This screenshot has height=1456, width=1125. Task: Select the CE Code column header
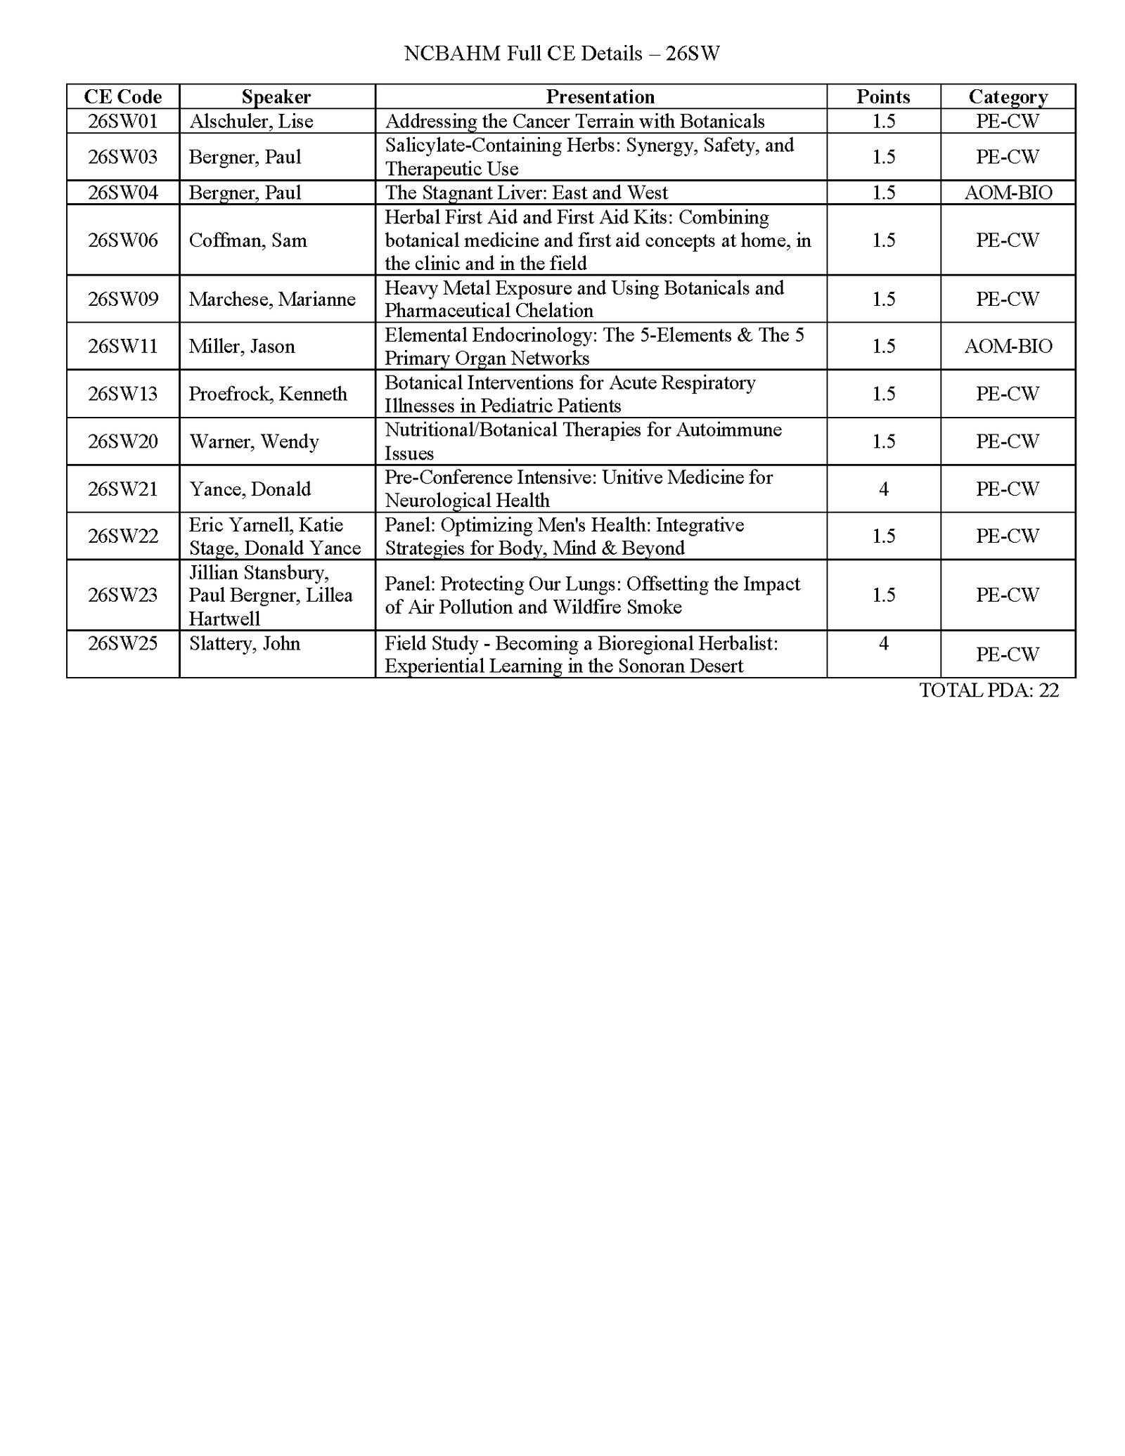coord(123,96)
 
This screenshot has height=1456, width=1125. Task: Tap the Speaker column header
coord(276,96)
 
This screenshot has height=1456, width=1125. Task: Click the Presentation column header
coord(600,96)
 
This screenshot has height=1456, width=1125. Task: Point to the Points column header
coord(883,96)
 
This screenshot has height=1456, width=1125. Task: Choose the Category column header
coord(1008,96)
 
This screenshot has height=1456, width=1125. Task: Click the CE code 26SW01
coord(123,121)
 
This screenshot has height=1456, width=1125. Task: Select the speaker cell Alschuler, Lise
coord(251,121)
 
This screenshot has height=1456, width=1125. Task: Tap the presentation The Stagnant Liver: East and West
coord(526,193)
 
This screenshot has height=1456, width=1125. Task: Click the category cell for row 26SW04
coord(1008,193)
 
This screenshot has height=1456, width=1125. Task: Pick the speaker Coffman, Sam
coord(247,240)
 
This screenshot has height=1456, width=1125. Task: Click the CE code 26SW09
coord(123,299)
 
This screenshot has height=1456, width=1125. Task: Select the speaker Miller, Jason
coord(242,346)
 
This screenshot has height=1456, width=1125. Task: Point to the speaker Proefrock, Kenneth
coord(268,394)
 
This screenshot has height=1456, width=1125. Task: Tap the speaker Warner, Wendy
coord(254,442)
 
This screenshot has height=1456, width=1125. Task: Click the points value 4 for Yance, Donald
coord(883,489)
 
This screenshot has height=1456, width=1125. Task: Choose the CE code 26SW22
coord(123,536)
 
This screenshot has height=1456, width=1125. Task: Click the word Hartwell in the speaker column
coord(224,619)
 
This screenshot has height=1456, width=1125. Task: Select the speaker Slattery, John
coord(245,643)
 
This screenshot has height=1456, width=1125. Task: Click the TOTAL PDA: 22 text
coord(989,690)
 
